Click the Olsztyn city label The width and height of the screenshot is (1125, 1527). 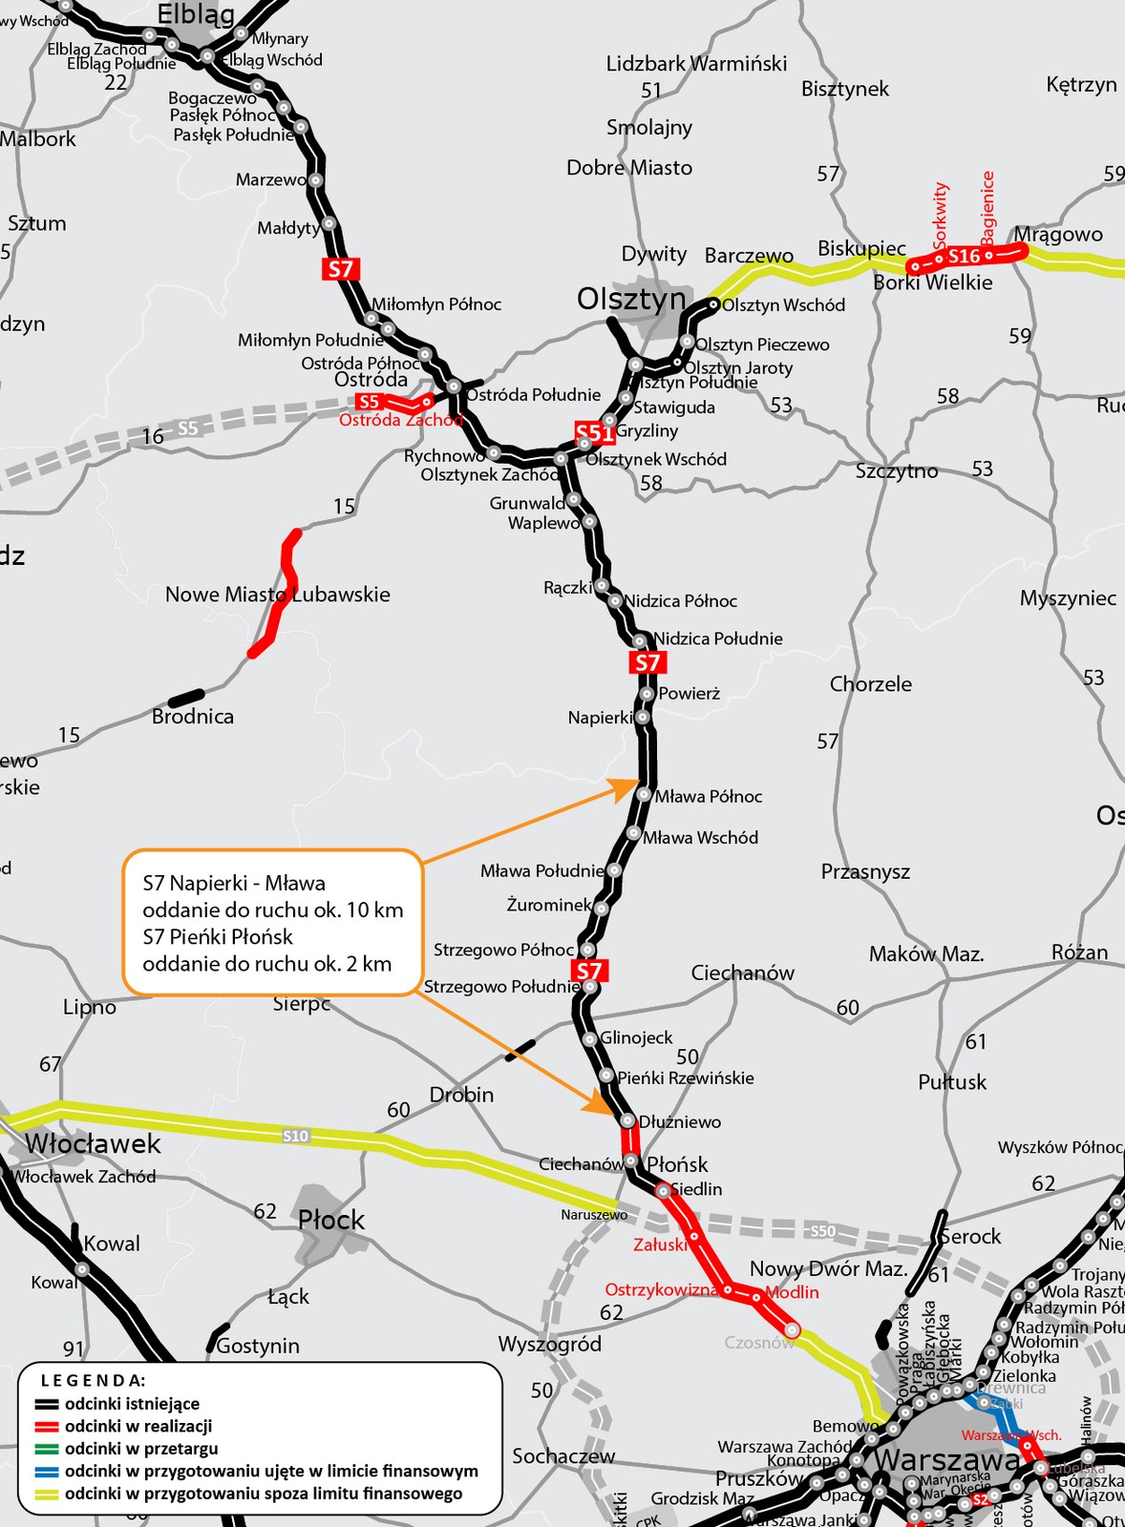(631, 300)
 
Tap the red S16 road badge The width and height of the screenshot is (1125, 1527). (963, 256)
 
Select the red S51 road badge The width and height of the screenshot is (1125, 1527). (594, 433)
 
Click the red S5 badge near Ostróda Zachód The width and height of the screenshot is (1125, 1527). (369, 402)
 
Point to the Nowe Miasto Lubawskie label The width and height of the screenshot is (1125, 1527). (278, 595)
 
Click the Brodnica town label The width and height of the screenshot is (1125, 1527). (193, 717)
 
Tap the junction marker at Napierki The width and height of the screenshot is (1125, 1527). (643, 717)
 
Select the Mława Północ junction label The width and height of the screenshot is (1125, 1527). (708, 797)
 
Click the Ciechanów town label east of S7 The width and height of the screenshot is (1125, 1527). (742, 973)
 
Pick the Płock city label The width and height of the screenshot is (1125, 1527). (331, 1220)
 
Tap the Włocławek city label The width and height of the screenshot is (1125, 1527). (93, 1144)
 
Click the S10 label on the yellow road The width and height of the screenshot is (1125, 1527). (296, 1136)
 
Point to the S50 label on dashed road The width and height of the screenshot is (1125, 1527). (822, 1231)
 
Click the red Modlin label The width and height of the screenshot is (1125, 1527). (793, 1292)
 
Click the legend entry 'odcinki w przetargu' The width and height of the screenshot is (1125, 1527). (141, 1449)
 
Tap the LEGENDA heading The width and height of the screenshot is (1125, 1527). (93, 1380)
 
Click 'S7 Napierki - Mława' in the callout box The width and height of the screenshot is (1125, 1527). (234, 884)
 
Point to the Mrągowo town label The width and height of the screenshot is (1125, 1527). (1058, 235)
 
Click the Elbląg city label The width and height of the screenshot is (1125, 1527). (196, 14)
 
